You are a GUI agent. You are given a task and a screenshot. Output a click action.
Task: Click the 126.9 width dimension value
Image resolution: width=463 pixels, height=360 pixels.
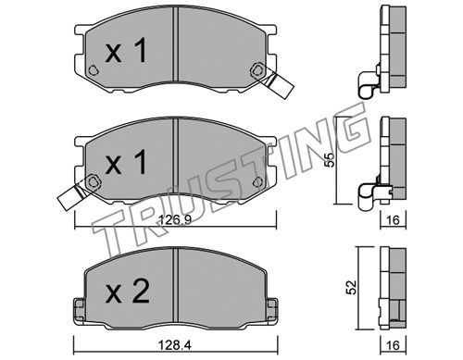pos(175,220)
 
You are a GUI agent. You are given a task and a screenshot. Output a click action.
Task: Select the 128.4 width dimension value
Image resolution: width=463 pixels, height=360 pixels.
pos(175,345)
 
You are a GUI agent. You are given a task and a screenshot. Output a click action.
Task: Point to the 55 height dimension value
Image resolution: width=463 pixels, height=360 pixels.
pos(330,159)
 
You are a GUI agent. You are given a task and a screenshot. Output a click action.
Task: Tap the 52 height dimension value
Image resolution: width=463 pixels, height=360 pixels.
pos(352,287)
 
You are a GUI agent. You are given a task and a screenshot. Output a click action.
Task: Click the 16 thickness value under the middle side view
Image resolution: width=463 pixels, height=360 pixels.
pos(393,220)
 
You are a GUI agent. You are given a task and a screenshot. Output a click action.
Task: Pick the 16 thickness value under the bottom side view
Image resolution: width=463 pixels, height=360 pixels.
pos(393,345)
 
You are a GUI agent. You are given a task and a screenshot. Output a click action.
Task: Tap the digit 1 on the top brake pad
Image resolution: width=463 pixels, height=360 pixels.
pos(141,51)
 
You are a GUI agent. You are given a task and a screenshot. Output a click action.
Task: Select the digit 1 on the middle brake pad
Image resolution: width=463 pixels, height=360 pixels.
pos(141,162)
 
